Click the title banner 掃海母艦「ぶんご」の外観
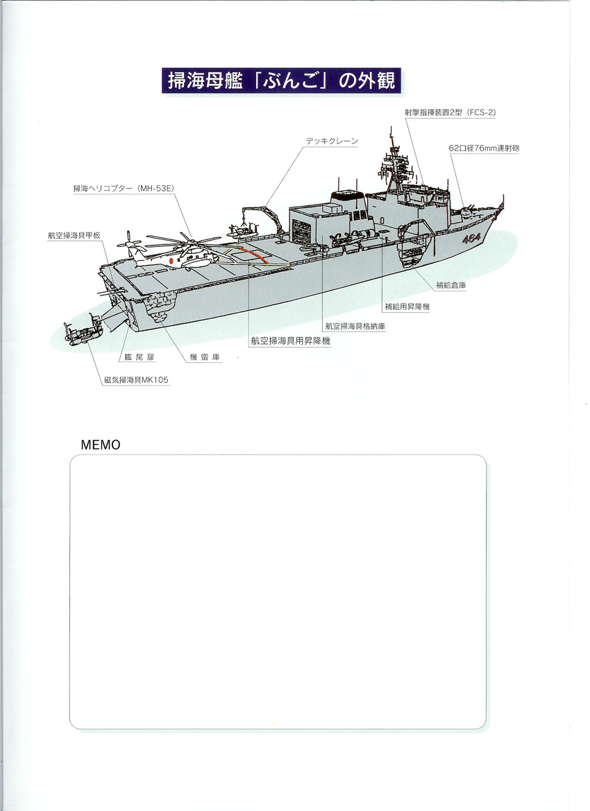coord(282,80)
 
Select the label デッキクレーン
coord(332,141)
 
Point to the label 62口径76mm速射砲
coord(484,148)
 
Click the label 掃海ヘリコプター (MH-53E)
coord(123,189)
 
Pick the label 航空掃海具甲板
coord(74,235)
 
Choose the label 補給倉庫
coord(450,285)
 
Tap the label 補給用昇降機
coord(407,307)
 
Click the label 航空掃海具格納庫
coord(355,326)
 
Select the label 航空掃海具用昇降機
coord(290,341)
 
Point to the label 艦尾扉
coord(140,357)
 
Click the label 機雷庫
coord(205,357)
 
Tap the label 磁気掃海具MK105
coord(136,379)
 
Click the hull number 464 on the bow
coord(472,239)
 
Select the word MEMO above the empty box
coord(101,445)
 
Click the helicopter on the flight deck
coord(174,254)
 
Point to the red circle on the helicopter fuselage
coord(171,262)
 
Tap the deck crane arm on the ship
coord(262,218)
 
